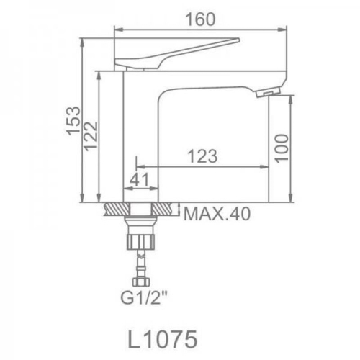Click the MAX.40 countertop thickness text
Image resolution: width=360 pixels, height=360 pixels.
(x=218, y=213)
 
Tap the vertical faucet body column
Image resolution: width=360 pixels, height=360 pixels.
(x=141, y=137)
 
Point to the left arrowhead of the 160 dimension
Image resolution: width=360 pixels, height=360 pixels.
(x=119, y=30)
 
